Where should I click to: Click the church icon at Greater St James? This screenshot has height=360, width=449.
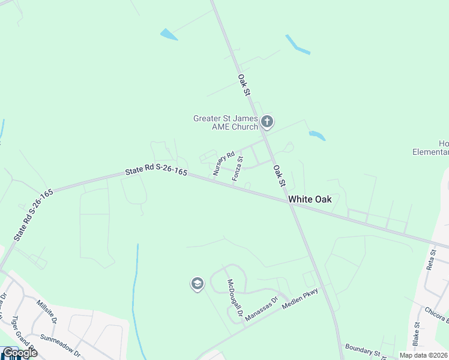[x=267, y=123]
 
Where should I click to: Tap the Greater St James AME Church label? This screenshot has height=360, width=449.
[x=225, y=122]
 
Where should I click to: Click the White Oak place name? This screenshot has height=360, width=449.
[x=310, y=199]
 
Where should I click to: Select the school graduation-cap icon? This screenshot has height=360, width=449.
[x=197, y=284]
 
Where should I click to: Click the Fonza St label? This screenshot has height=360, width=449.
[x=238, y=168]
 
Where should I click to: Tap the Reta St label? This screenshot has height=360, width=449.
[x=430, y=259]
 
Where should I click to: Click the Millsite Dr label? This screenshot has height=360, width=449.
[x=46, y=311]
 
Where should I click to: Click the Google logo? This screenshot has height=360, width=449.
[x=20, y=353]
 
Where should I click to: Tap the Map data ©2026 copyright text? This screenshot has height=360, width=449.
[x=423, y=355]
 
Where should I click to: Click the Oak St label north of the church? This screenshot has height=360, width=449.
[x=243, y=85]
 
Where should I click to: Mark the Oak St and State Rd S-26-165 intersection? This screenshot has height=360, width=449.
[x=291, y=205]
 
